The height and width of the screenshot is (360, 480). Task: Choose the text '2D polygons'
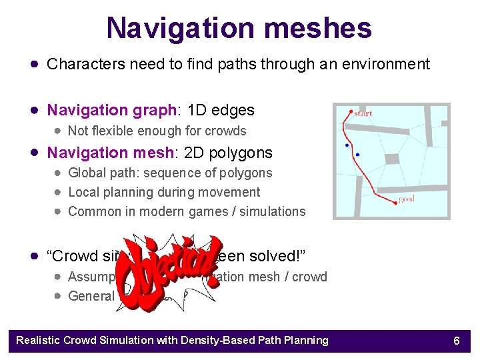coord(231,153)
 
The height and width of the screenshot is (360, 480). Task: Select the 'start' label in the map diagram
coord(363,113)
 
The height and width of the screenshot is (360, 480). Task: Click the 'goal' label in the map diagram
coord(407,199)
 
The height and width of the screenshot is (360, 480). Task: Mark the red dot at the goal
coord(396,203)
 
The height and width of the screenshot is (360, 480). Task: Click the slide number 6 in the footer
coord(457,341)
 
